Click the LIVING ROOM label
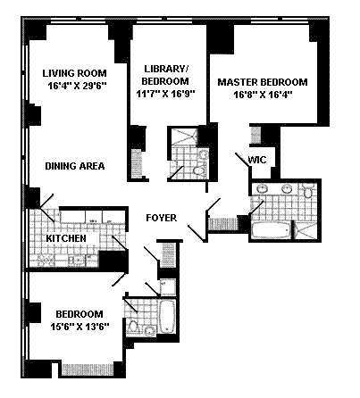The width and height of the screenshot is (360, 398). [74, 73]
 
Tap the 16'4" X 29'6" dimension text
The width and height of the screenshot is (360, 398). [77, 86]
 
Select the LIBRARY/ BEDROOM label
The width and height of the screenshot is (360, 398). [165, 75]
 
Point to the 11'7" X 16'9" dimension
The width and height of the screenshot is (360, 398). [165, 94]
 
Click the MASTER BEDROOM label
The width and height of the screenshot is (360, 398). [263, 82]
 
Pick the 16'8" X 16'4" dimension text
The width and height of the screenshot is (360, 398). [263, 95]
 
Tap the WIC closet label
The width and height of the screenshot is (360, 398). [257, 160]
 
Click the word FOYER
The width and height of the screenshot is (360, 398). [162, 218]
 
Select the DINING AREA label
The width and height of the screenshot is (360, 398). [75, 166]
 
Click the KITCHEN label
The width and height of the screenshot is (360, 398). [66, 238]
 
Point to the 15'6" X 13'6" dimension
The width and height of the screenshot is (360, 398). [80, 327]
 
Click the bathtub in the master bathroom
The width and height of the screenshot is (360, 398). [271, 230]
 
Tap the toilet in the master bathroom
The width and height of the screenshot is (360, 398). [308, 191]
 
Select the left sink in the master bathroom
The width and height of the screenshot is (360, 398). [262, 189]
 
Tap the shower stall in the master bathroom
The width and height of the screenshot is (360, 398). [306, 229]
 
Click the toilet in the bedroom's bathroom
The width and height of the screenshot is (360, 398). [133, 328]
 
